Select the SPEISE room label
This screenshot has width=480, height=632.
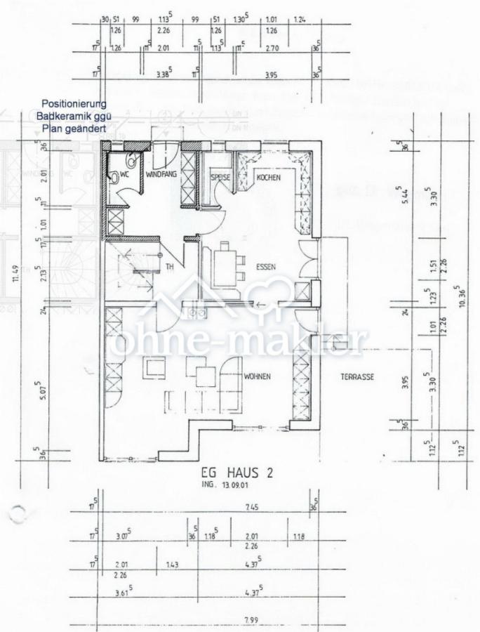pyautogui.click(x=220, y=178)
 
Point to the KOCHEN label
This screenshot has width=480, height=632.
pyautogui.click(x=268, y=178)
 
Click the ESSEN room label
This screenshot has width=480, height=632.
pyautogui.click(x=265, y=267)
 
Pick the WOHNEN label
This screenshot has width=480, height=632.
pyautogui.click(x=257, y=376)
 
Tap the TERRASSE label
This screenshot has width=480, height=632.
pyautogui.click(x=357, y=377)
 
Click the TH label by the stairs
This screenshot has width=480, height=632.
pyautogui.click(x=170, y=267)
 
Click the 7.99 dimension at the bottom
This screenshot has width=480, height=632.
pyautogui.click(x=251, y=618)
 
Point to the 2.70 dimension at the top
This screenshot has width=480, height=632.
pyautogui.click(x=274, y=48)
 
